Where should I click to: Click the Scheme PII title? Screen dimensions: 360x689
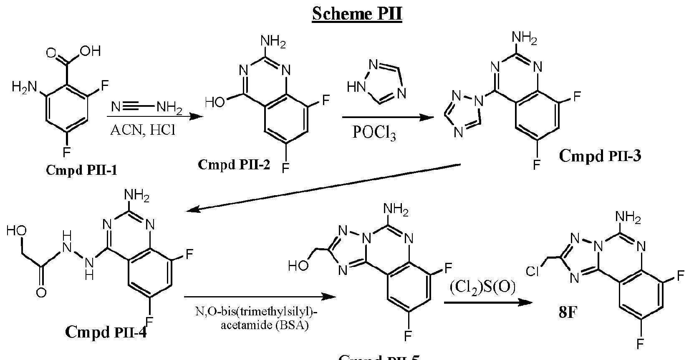357,14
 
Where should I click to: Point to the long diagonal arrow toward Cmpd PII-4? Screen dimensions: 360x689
323,187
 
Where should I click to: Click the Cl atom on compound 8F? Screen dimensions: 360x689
533,272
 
